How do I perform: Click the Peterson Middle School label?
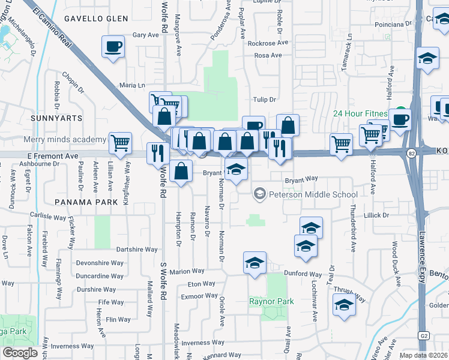click(313, 194)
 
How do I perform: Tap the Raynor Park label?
click(272, 301)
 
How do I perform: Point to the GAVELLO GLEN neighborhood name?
click(104, 19)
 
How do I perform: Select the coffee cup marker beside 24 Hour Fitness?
click(400, 118)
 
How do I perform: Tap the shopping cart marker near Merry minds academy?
click(120, 143)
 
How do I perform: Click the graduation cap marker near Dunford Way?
click(255, 263)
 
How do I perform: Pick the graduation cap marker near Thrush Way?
click(344, 304)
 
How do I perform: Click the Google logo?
click(20, 353)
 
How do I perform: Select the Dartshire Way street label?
click(136, 249)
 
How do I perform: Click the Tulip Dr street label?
click(264, 100)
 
